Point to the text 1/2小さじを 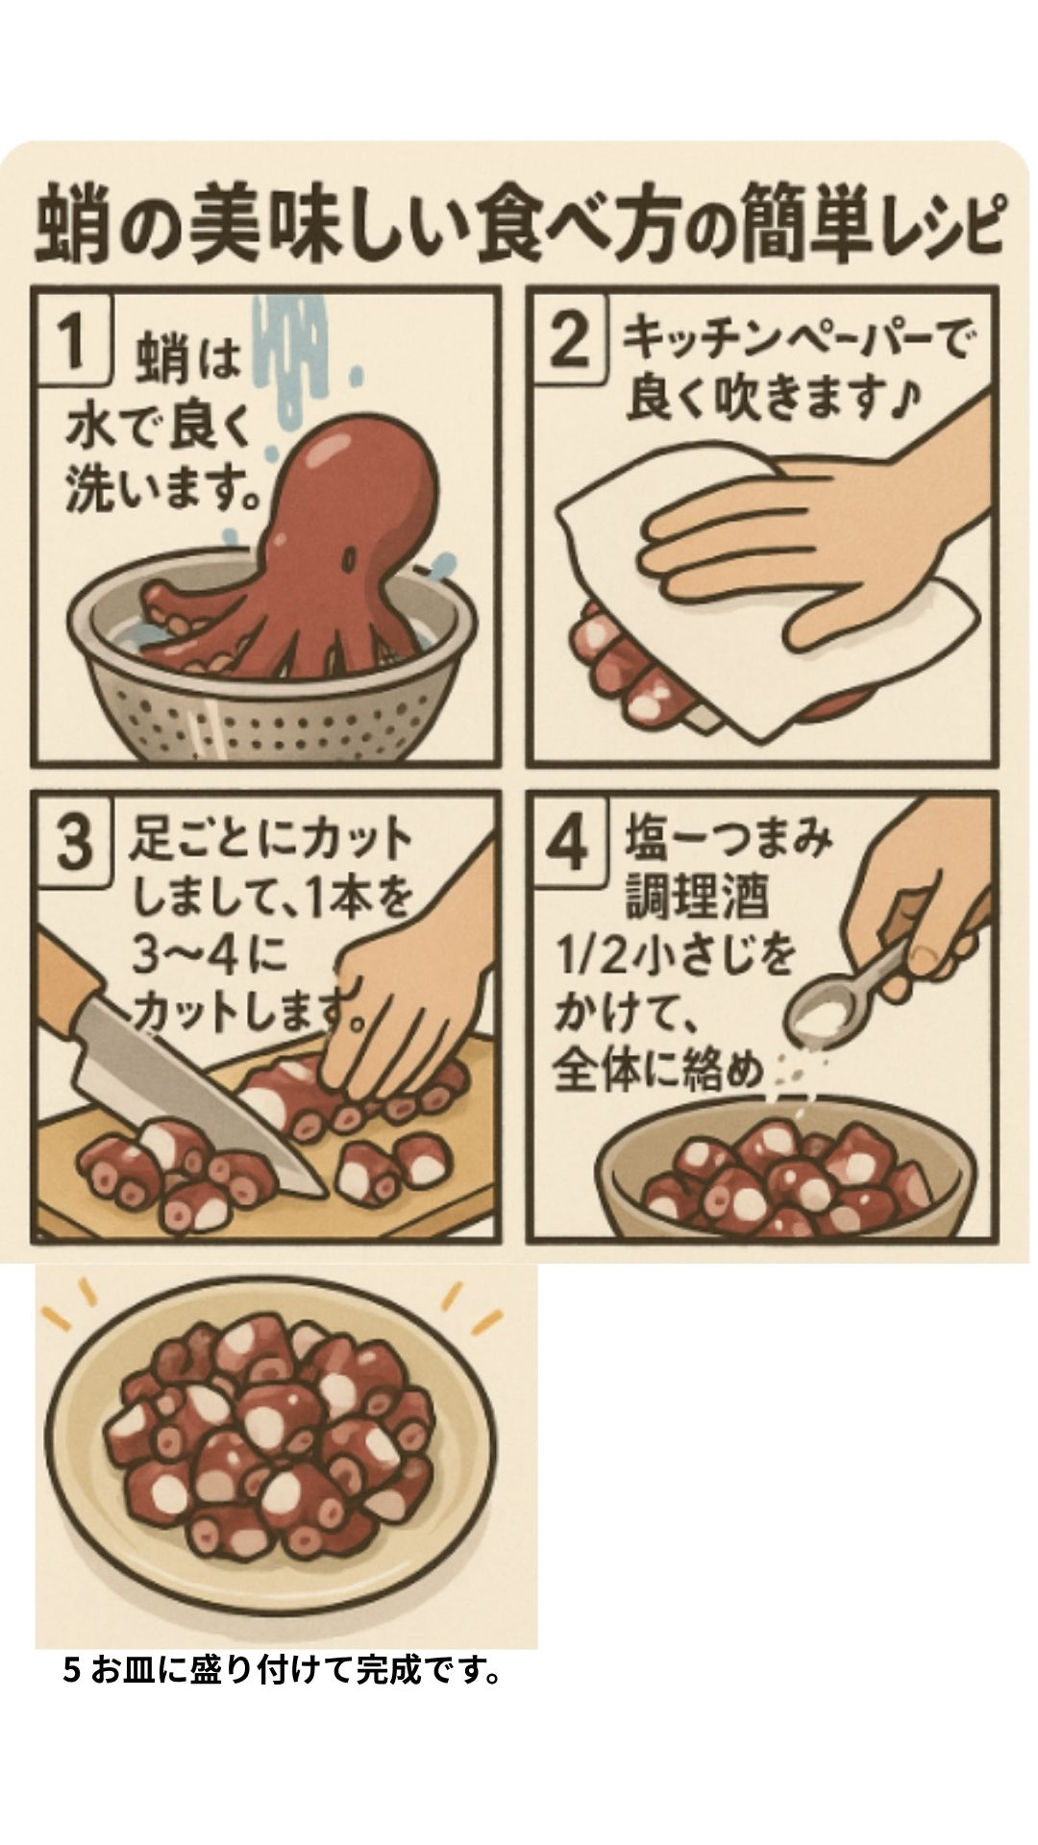coord(679,958)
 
